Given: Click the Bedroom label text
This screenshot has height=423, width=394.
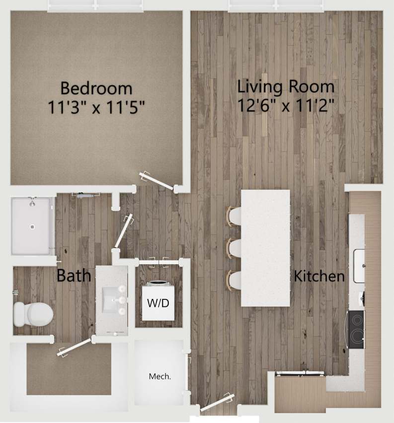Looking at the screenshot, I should pos(96,88).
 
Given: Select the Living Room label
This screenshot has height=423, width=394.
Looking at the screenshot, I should pos(285,86).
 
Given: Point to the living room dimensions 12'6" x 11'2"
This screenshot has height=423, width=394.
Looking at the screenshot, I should pos(285,105).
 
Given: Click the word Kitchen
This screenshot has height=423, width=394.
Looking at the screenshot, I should pos(319,276).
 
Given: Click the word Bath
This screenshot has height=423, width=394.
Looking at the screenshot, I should pos(74,276).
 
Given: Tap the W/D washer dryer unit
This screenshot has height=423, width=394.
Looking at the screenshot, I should pos(158,302).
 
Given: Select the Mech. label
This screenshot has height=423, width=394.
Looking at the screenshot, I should pos(160,376).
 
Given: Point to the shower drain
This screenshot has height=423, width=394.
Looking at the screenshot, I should pos(32,227).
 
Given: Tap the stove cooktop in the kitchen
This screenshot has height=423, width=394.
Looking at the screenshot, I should pos(356,330).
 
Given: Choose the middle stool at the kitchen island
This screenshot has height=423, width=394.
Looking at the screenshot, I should pos(235,248).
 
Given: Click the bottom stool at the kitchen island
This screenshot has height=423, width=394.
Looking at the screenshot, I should pos(235,280).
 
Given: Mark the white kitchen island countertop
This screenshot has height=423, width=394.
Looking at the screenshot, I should pos(265,248).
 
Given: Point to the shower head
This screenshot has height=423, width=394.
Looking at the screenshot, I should pos(32,201).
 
